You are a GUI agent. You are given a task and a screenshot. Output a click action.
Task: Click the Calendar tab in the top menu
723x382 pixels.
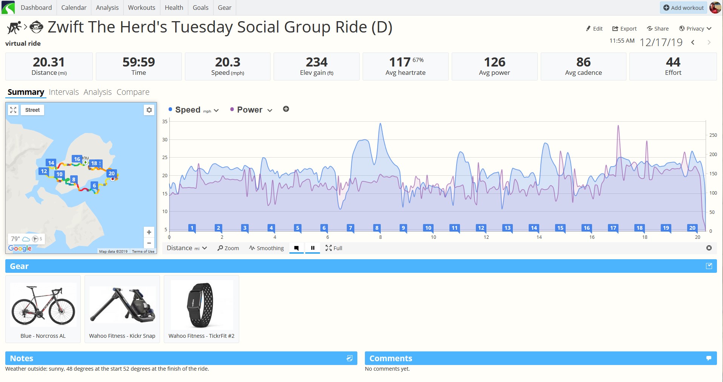click(74, 8)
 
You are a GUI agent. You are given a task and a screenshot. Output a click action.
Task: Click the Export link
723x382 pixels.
click(624, 29)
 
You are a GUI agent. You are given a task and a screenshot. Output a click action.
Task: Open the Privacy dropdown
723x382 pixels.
click(695, 29)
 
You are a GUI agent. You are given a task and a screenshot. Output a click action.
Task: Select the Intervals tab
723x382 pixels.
click(64, 92)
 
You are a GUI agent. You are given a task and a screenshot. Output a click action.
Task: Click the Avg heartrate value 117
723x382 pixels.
click(400, 62)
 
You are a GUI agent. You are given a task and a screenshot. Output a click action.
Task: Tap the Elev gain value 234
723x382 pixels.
click(317, 62)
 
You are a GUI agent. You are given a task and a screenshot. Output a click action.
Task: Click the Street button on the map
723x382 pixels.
click(32, 110)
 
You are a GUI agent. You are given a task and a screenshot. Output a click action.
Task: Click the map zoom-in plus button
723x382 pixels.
click(149, 232)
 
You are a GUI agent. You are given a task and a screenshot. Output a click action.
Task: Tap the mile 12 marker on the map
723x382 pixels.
click(44, 171)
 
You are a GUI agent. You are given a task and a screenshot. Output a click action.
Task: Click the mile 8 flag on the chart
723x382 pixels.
click(377, 228)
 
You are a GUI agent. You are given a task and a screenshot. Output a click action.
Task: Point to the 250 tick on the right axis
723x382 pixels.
click(713, 135)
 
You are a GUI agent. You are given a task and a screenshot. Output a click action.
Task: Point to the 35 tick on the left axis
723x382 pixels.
click(165, 122)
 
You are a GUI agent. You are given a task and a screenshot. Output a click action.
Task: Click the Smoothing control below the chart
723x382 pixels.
click(266, 248)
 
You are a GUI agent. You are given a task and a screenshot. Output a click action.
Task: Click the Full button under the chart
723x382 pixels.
click(334, 248)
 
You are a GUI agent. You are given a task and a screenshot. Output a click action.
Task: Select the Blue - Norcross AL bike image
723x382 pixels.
click(43, 305)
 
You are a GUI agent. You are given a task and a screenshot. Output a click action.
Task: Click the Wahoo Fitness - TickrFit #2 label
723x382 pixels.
click(202, 336)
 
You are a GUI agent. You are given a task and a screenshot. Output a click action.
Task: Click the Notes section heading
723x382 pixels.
click(22, 358)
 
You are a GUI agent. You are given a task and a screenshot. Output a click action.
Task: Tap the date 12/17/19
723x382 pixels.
click(661, 42)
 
